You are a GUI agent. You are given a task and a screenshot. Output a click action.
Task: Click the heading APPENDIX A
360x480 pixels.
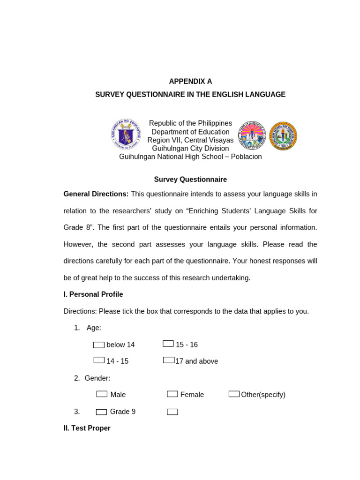(x=190, y=81)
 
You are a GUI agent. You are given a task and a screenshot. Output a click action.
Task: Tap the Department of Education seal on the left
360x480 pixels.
(x=126, y=135)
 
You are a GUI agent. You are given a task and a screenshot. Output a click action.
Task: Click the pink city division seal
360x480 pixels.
(x=252, y=135)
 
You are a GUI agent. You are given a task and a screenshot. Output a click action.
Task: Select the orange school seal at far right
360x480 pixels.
(x=283, y=136)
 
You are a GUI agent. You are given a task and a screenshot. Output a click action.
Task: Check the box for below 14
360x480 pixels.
(x=98, y=345)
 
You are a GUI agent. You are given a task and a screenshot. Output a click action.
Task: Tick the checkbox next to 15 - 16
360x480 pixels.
(x=168, y=344)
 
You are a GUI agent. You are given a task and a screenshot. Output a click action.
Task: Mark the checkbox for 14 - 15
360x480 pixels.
(x=99, y=360)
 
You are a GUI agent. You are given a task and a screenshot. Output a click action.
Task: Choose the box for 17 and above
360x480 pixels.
(x=169, y=360)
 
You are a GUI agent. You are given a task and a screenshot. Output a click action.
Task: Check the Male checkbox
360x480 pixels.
(x=102, y=394)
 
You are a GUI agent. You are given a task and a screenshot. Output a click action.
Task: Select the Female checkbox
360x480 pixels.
(x=172, y=394)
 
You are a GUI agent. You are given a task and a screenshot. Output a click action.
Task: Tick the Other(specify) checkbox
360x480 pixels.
(x=234, y=394)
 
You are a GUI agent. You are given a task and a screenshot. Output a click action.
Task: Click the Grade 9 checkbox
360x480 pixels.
(x=101, y=412)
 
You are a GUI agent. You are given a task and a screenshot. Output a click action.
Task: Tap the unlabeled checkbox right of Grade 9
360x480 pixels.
(x=172, y=412)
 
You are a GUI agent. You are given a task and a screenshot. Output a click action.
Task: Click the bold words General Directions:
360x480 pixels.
(x=96, y=194)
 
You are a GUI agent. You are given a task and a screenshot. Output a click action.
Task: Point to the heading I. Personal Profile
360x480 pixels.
(x=93, y=294)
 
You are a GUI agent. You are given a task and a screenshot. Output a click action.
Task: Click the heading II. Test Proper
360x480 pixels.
(x=87, y=428)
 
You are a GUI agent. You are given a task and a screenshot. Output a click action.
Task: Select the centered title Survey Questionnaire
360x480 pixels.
(x=190, y=180)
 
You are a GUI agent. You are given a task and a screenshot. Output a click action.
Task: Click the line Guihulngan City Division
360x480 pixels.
(x=190, y=149)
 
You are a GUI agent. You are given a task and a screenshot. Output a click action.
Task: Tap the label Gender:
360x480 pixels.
(x=97, y=378)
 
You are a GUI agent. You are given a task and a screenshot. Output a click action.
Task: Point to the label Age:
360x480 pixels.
(x=94, y=328)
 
